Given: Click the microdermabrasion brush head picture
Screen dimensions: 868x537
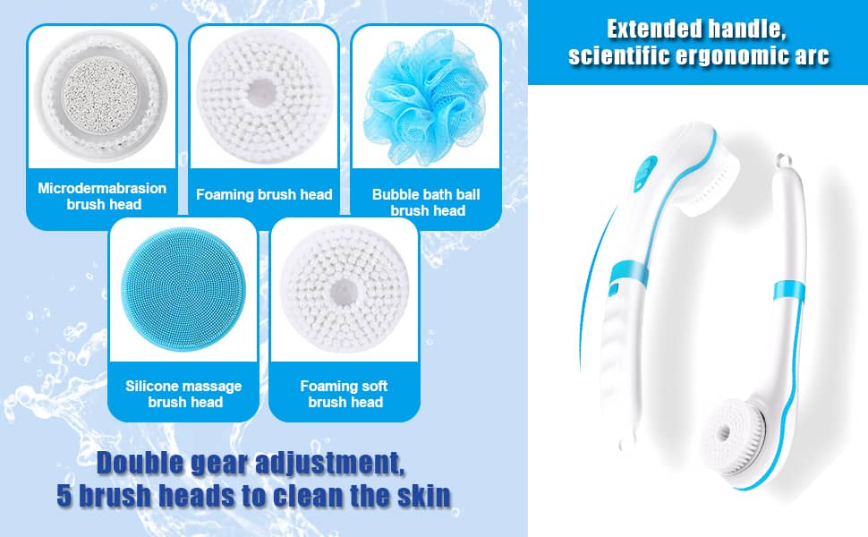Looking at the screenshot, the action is click(101, 95).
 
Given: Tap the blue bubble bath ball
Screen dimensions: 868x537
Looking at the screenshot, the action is click(425, 97).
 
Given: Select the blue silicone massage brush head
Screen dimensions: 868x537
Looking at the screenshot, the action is click(183, 289).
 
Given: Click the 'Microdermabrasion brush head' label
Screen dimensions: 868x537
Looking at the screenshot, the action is click(102, 196).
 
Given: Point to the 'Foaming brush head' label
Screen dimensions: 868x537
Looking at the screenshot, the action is click(264, 194).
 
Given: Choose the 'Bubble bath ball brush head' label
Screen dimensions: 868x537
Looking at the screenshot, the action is click(426, 202).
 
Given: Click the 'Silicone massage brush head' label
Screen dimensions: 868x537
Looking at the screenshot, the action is click(183, 394).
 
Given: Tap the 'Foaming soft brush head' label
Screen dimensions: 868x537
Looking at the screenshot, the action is click(345, 394).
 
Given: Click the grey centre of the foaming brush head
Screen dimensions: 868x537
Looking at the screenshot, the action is click(261, 92).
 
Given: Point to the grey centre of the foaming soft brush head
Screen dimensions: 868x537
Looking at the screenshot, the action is click(345, 292).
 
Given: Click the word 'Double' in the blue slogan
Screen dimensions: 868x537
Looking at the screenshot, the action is click(140, 463).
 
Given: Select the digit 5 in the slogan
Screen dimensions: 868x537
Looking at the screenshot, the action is click(64, 496).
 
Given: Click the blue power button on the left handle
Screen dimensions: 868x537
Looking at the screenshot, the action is click(645, 172).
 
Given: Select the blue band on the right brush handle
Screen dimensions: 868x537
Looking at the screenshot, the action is click(789, 290).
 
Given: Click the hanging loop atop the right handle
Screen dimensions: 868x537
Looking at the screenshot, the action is click(781, 160).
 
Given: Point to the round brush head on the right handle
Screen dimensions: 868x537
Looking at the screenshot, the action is click(734, 438).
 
